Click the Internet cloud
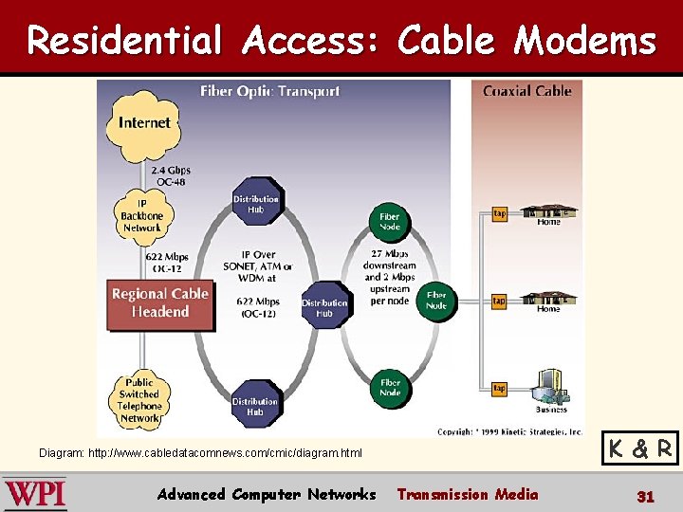144,123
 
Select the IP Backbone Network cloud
141,215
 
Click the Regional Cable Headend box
159,302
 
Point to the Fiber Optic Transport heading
269,92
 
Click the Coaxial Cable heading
526,91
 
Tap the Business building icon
550,386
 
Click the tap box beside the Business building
499,389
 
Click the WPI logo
35,494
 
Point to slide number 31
645,495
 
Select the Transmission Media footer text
467,494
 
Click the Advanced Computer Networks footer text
267,494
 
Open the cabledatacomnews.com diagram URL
200,453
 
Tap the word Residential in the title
123,41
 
